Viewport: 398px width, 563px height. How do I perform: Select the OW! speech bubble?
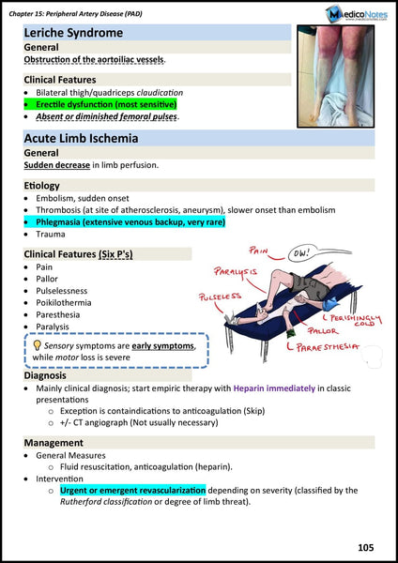coord(302,253)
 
